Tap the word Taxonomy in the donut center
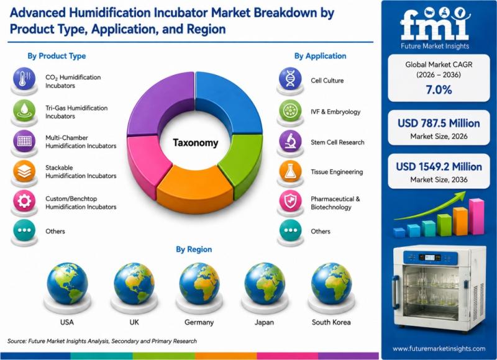point(196,143)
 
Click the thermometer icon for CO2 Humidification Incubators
point(24,78)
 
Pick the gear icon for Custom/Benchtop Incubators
point(24,200)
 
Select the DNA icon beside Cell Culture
point(290,78)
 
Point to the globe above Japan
point(265,284)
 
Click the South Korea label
point(331,322)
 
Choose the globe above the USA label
point(67,284)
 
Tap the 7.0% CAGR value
point(439,90)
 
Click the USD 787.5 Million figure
point(439,123)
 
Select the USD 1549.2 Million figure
point(439,166)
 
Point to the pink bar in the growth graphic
point(476,216)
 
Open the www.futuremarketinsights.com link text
point(439,349)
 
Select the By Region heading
point(194,250)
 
